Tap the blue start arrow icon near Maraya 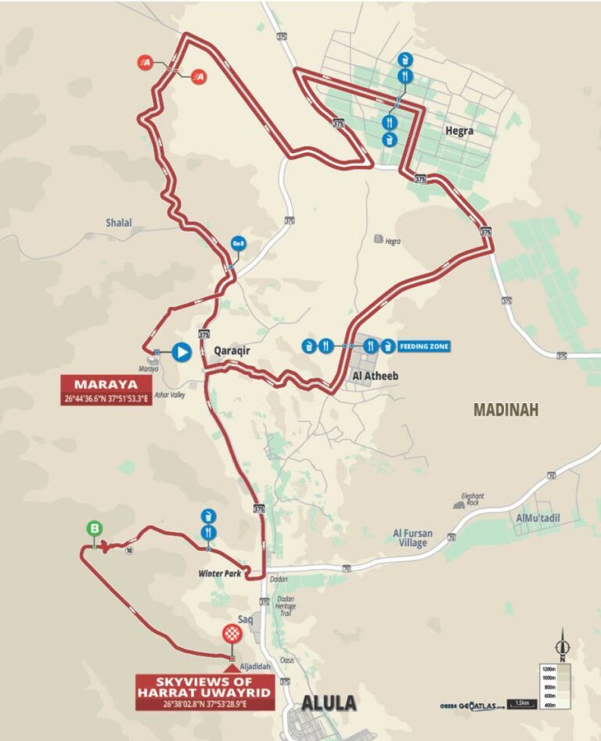click(182, 352)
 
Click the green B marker click(94, 528)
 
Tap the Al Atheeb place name click(376, 376)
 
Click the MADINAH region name click(506, 409)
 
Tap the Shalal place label click(119, 223)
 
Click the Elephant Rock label click(472, 500)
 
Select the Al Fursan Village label click(410, 538)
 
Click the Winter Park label click(218, 574)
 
